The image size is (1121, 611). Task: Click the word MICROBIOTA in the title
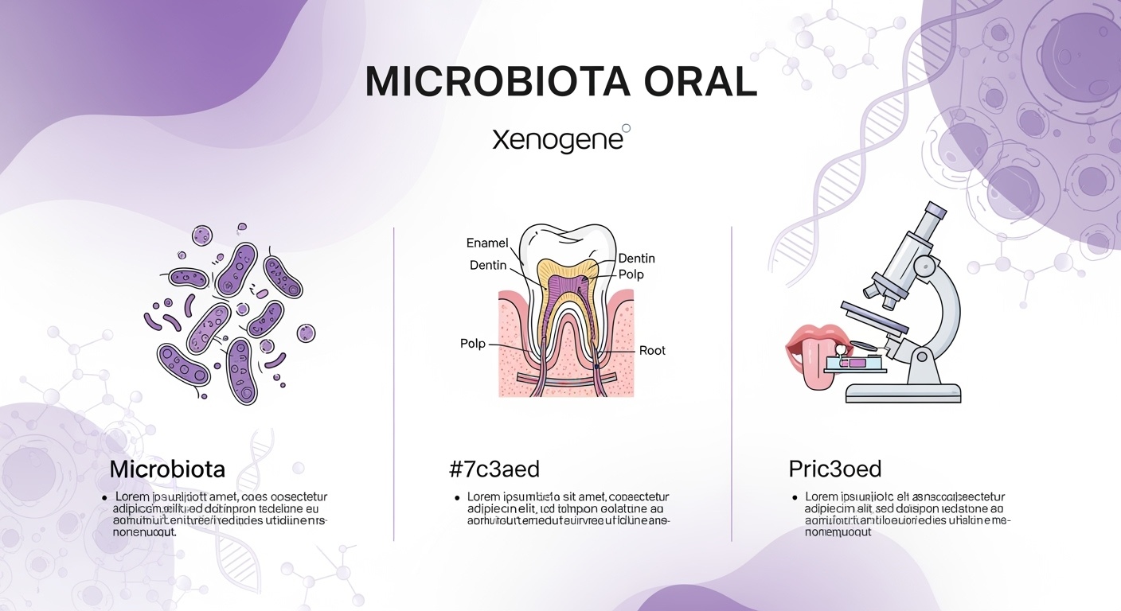[475, 82]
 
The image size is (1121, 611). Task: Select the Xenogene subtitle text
[557, 141]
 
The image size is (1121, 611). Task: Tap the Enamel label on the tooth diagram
[486, 243]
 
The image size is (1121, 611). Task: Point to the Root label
[652, 350]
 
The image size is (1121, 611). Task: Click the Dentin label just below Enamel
[488, 265]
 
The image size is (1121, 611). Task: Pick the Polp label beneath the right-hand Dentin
[631, 274]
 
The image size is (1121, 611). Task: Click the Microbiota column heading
[167, 469]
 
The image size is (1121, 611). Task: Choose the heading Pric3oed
[834, 469]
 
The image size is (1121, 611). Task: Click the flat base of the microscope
[903, 392]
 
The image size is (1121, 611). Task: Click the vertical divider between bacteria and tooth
[394, 382]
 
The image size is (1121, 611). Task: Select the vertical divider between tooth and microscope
[731, 382]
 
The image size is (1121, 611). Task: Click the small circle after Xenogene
[626, 128]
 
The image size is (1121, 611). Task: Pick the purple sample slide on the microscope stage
[856, 363]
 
